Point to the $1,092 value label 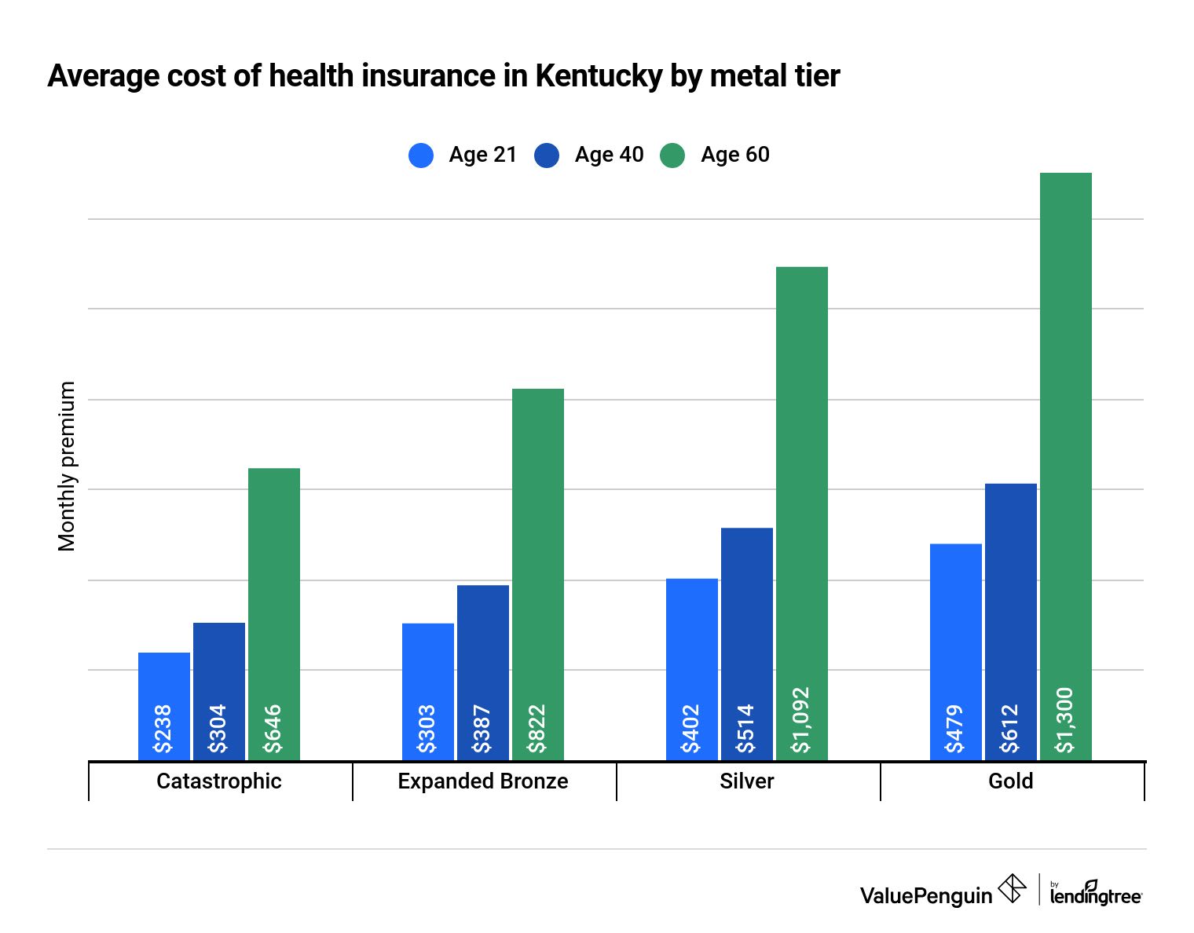coord(800,720)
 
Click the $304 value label coord(218,729)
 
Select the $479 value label coord(954,729)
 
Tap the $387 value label coord(482,729)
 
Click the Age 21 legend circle coord(421,155)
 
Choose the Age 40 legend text coord(609,155)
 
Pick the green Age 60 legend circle coord(672,155)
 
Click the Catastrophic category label coord(219,781)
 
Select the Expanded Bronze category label coord(483,781)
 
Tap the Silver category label coord(747,781)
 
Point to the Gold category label coord(1011,781)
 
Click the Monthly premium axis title coord(68,466)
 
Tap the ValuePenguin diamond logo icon coord(1012,889)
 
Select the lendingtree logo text coord(1096,895)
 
